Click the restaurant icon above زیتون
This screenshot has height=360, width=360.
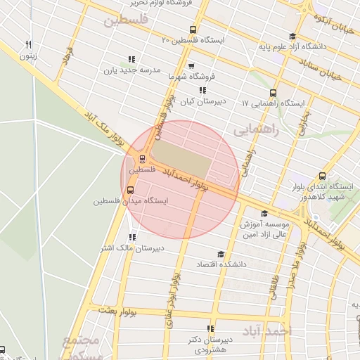tap(28, 44)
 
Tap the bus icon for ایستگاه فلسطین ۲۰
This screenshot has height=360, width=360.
tap(193, 30)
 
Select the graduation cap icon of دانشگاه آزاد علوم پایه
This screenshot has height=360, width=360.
tap(292, 37)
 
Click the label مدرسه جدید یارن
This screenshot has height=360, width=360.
tap(133, 70)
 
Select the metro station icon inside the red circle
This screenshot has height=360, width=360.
tap(143, 159)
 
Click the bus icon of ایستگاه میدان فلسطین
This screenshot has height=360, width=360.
tap(130, 190)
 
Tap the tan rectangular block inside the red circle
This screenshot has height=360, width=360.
tap(181, 160)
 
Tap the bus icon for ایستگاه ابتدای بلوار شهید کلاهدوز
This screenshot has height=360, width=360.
tap(322, 176)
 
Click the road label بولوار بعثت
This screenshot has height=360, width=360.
tap(116, 309)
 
